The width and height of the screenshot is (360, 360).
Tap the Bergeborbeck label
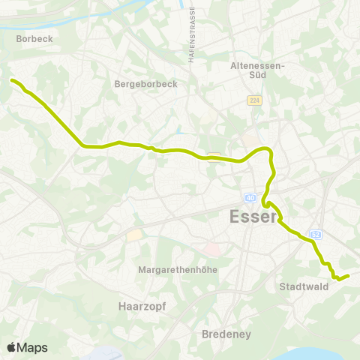tap(145, 84)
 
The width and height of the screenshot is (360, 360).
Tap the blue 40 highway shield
tap(250, 198)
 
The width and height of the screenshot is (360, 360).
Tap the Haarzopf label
tap(142, 306)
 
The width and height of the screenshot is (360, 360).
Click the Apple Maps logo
tap(27, 347)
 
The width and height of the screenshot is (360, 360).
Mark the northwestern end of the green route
tap(12, 80)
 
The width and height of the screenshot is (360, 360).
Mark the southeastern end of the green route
tap(349, 276)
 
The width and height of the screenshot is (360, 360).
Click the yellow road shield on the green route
tap(214, 156)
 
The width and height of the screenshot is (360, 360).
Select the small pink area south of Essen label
tap(212, 247)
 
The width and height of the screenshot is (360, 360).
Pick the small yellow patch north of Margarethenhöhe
tap(135, 235)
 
